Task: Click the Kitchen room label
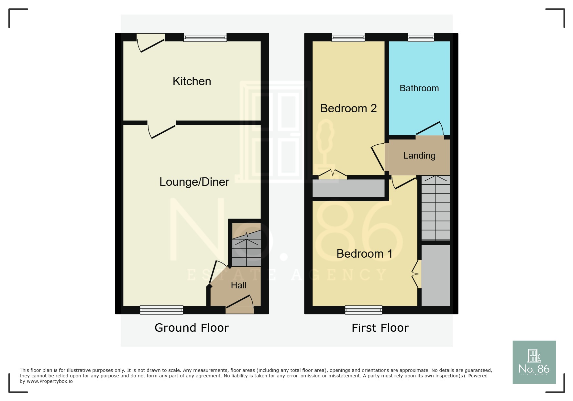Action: [x=192, y=81]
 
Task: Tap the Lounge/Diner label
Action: [x=194, y=182]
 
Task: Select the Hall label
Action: [x=238, y=285]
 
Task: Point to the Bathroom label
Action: [x=419, y=88]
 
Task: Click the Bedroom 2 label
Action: [x=348, y=108]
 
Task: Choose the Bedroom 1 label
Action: [x=364, y=254]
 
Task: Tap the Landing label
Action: [x=419, y=156]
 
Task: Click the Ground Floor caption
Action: [x=192, y=328]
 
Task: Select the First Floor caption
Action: [x=380, y=328]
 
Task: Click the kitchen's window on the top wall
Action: [x=205, y=37]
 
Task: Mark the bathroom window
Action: [x=421, y=37]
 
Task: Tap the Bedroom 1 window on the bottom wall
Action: [x=364, y=310]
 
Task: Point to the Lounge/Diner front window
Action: [x=161, y=310]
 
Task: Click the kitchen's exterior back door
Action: [x=150, y=43]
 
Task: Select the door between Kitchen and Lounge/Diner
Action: [x=161, y=129]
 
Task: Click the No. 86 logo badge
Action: [x=534, y=362]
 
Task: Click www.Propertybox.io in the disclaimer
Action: [x=50, y=382]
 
